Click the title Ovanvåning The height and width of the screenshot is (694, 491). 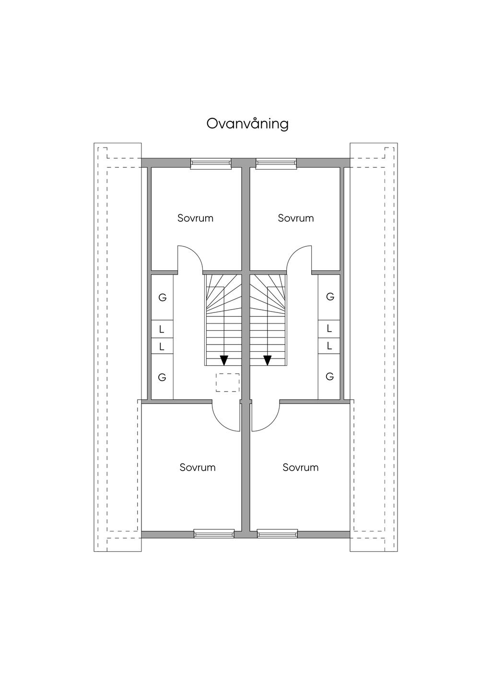click(247, 124)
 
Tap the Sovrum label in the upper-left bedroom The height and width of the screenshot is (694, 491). click(195, 218)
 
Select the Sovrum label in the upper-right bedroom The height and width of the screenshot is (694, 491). click(296, 218)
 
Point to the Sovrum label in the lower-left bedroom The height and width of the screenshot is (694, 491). click(198, 467)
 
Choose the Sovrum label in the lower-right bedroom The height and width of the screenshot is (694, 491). click(300, 467)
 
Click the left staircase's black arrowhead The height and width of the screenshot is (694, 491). click(224, 360)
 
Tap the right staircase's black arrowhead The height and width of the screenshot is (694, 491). click(267, 360)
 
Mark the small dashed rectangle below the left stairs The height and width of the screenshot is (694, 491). click(228, 382)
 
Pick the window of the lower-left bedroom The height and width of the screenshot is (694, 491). click(214, 533)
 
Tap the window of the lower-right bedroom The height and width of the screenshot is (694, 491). click(278, 533)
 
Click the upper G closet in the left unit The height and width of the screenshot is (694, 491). click(162, 298)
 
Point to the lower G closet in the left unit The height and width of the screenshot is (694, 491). click(162, 377)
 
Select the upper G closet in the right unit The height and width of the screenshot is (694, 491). click(329, 297)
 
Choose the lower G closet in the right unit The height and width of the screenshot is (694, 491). click(329, 377)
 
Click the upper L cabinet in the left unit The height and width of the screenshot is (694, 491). click(162, 329)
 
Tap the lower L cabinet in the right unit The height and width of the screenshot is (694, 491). click(329, 346)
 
